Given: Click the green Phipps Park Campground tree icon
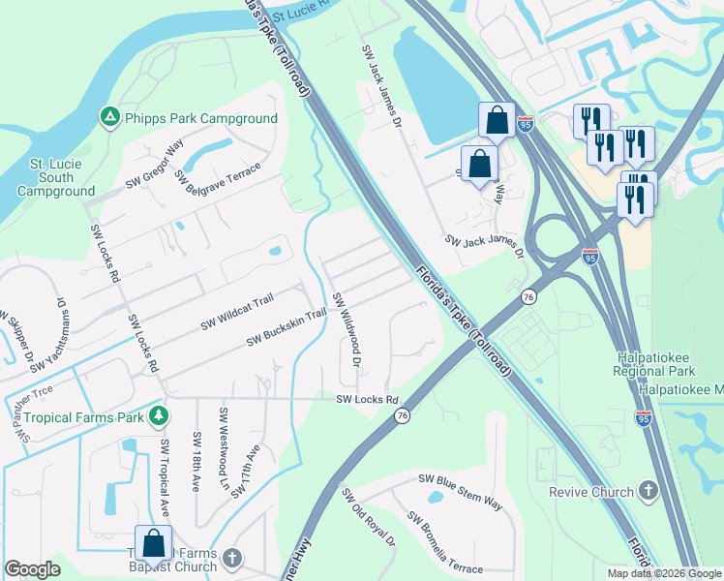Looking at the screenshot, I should (110, 118).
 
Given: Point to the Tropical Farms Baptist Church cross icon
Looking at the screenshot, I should (229, 558).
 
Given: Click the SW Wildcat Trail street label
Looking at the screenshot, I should (237, 314).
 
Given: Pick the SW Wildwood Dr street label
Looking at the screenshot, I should (347, 329).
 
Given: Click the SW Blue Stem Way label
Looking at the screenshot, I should (460, 491).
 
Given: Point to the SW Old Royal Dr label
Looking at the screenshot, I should (369, 516).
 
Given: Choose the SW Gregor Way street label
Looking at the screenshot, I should (155, 167).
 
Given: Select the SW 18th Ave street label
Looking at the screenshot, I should (196, 462).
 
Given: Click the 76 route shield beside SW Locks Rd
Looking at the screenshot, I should (402, 415).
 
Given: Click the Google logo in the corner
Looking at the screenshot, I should (32, 568).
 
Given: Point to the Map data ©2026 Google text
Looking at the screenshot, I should (662, 572).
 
